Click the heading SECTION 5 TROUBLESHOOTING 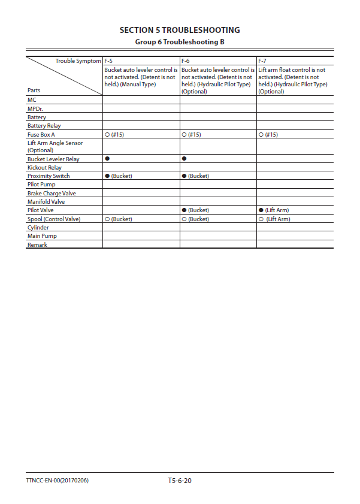tap(180, 30)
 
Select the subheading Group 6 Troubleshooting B tap(180, 42)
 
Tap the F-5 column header tap(108, 61)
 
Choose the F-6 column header tap(186, 61)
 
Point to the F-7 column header tap(262, 61)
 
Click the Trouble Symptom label tap(78, 61)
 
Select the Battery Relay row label tap(44, 126)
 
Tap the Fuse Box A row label tap(41, 135)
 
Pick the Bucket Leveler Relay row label tap(53, 159)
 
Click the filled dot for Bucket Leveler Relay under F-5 tap(107, 159)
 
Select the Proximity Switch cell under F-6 tap(195, 176)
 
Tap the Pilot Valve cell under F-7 tap(274, 210)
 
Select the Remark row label tap(37, 245)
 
